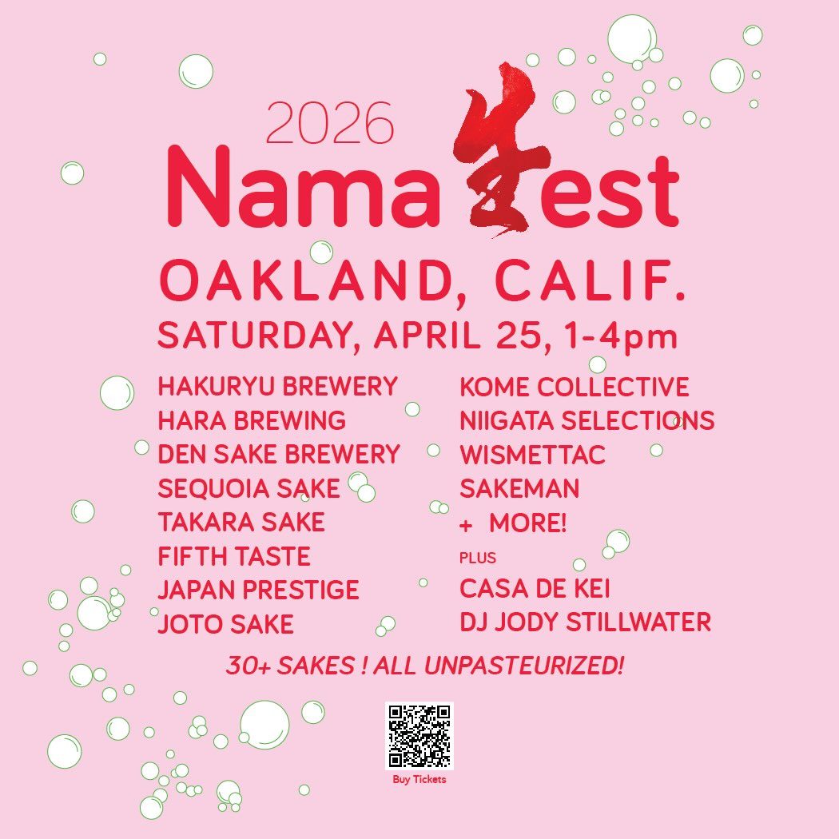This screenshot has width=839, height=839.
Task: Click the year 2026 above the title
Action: [x=329, y=122]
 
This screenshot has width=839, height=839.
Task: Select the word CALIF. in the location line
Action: [x=590, y=280]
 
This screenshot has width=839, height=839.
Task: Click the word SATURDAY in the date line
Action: [x=255, y=336]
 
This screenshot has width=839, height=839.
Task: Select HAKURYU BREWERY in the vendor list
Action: [x=278, y=386]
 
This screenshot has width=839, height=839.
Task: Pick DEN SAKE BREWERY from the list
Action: [x=279, y=455]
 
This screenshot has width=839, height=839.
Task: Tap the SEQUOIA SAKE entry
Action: [x=249, y=488]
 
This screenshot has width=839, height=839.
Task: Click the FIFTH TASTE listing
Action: [x=234, y=556]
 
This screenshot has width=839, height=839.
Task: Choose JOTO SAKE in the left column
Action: [x=226, y=624]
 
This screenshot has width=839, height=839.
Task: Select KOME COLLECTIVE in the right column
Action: [x=575, y=387]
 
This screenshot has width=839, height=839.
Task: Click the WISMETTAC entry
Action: [x=532, y=455]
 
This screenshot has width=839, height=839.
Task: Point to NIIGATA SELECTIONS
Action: [x=587, y=420]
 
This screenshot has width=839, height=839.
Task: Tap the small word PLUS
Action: [x=478, y=558]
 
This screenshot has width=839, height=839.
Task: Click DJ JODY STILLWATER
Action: [x=586, y=622]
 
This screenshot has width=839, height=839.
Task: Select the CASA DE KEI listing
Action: [x=535, y=589]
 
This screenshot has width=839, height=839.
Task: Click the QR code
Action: [x=419, y=736]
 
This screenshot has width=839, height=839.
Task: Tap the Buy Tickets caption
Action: [x=419, y=779]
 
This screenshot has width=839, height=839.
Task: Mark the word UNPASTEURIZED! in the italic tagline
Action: [x=524, y=666]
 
